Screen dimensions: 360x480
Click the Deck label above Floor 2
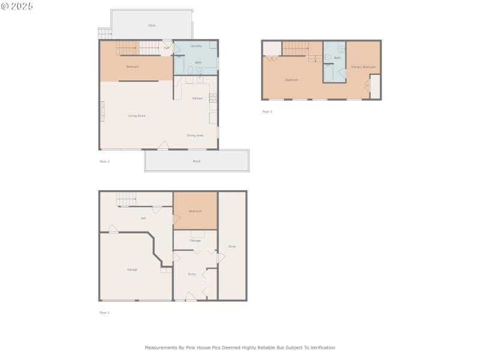click(152, 25)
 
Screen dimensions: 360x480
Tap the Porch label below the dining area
click(197, 161)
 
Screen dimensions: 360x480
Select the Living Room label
click(137, 116)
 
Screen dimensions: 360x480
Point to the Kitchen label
click(197, 98)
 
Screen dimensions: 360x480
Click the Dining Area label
click(195, 136)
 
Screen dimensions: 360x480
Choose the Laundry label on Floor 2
click(196, 46)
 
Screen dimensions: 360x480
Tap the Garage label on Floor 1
click(132, 270)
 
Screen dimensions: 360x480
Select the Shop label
click(232, 247)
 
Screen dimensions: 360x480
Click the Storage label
click(195, 241)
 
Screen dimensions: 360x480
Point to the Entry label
click(192, 274)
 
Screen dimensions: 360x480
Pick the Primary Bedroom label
click(363, 67)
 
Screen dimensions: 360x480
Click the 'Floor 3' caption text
click(267, 112)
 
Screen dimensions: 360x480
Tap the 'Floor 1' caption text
click(104, 313)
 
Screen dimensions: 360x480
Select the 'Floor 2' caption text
click(104, 161)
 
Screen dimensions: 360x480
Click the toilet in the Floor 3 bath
click(328, 58)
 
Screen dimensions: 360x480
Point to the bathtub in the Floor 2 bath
click(179, 65)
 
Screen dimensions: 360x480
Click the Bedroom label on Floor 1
click(195, 211)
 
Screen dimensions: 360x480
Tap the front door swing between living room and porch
click(163, 145)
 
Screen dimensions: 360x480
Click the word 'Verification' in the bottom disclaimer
click(323, 347)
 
